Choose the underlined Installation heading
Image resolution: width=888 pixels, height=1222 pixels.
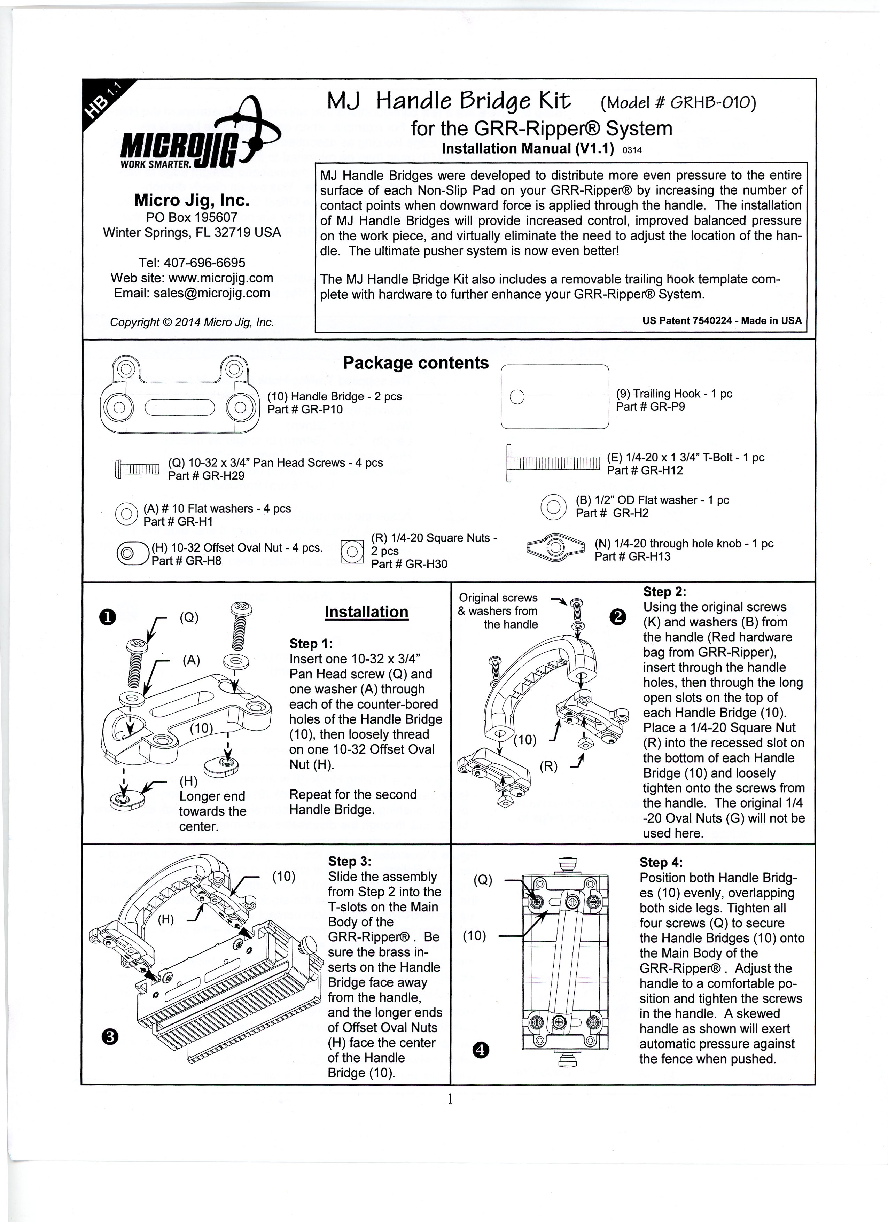click(x=366, y=612)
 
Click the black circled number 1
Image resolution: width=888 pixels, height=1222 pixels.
click(x=108, y=617)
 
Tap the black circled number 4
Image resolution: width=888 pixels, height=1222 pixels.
click(x=481, y=1050)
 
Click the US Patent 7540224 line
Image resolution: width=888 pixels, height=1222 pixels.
click(x=722, y=321)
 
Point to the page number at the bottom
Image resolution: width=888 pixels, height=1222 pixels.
click(x=449, y=1099)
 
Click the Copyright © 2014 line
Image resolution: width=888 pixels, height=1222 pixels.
click(x=192, y=322)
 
